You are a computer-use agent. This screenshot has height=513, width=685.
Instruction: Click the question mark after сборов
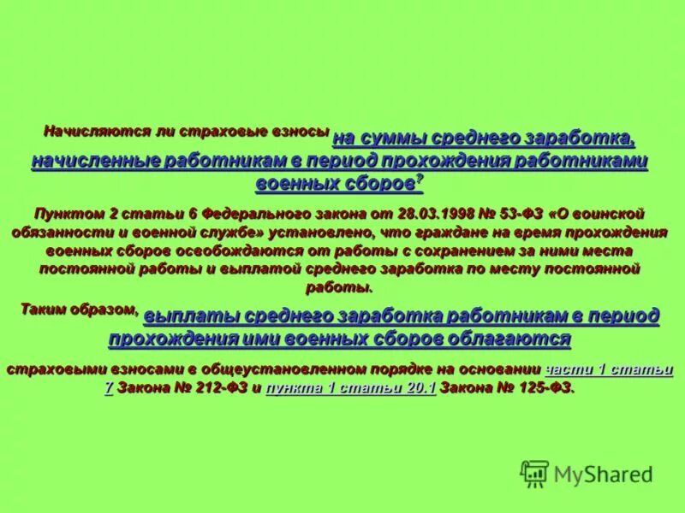pos(420,180)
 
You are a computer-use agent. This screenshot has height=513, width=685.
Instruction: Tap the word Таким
pos(46,310)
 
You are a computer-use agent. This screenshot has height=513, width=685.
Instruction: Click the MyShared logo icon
pos(534,474)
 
